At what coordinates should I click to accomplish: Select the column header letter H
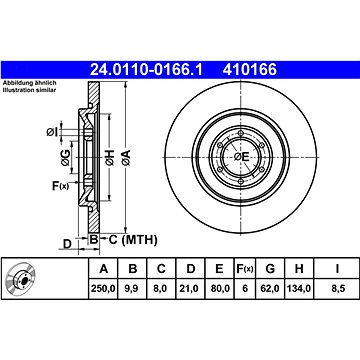[298, 267]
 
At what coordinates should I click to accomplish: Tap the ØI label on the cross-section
[51, 131]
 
